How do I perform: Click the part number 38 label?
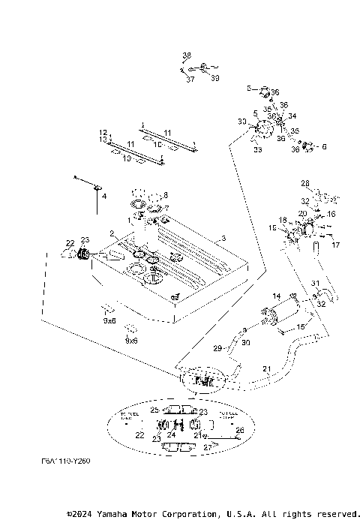click(x=187, y=56)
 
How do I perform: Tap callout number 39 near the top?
click(x=215, y=78)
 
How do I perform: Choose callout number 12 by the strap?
click(x=103, y=132)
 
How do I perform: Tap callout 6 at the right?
click(x=324, y=147)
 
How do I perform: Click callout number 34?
click(x=292, y=116)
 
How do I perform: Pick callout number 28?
click(x=305, y=183)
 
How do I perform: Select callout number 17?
click(x=335, y=245)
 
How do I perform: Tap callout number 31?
click(x=315, y=283)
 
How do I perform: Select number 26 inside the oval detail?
click(x=240, y=430)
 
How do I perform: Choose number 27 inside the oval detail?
click(x=208, y=446)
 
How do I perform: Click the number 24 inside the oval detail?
click(x=172, y=434)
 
